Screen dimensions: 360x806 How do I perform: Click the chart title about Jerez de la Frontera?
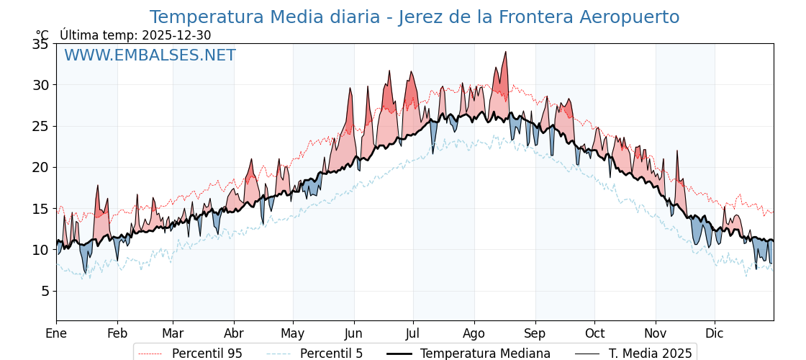[x=414, y=17]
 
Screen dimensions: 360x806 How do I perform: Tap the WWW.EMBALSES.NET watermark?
[x=150, y=55]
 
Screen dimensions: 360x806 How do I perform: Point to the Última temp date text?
[x=135, y=35]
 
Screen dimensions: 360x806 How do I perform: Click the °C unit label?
[x=42, y=35]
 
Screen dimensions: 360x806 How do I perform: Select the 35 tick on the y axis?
[x=40, y=44]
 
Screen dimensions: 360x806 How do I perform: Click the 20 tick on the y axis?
[x=40, y=167]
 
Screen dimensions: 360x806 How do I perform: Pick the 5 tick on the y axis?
[x=44, y=291]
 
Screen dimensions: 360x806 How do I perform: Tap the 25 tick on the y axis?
[x=40, y=126]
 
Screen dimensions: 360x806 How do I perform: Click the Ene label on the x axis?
[x=56, y=333]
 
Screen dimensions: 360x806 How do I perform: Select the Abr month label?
[x=234, y=333]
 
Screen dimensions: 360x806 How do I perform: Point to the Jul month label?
[x=413, y=333]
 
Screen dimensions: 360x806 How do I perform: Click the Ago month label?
[x=474, y=333]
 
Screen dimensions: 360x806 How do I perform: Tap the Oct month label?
[x=594, y=333]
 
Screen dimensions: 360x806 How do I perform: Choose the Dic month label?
[x=715, y=333]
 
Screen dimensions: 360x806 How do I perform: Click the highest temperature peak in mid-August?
[x=506, y=53]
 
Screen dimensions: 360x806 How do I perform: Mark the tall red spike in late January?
[x=97, y=186]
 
